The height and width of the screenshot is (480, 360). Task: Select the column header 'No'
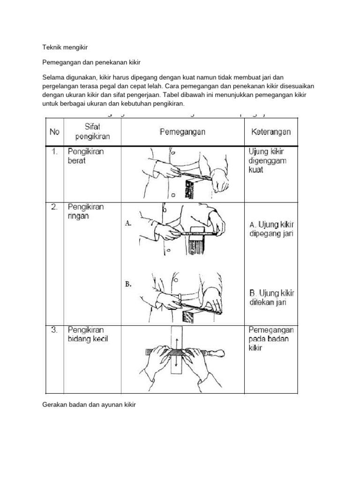click(x=55, y=132)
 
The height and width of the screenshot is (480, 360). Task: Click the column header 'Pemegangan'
click(x=182, y=132)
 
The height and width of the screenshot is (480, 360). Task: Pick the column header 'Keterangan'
click(x=268, y=132)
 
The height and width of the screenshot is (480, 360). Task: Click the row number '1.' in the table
click(x=54, y=152)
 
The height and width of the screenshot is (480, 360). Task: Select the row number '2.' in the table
click(x=54, y=207)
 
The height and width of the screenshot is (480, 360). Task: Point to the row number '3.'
click(x=54, y=330)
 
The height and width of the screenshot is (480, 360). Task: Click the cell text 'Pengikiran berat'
click(x=85, y=156)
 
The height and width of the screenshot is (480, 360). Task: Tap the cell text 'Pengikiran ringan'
click(x=85, y=211)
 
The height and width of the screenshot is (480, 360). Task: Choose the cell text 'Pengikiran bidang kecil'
click(x=87, y=334)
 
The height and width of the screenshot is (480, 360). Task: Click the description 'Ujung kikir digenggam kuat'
click(x=267, y=161)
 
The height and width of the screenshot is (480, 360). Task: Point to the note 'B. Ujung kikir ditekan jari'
click(x=271, y=298)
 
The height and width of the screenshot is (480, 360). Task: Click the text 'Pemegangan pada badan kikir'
click(x=271, y=339)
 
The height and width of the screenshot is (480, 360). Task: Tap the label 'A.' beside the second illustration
click(x=128, y=224)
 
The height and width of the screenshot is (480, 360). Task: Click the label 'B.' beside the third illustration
click(x=128, y=284)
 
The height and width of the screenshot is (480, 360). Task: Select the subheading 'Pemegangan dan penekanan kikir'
click(x=91, y=62)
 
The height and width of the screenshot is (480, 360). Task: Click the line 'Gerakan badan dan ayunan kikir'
click(x=89, y=404)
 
